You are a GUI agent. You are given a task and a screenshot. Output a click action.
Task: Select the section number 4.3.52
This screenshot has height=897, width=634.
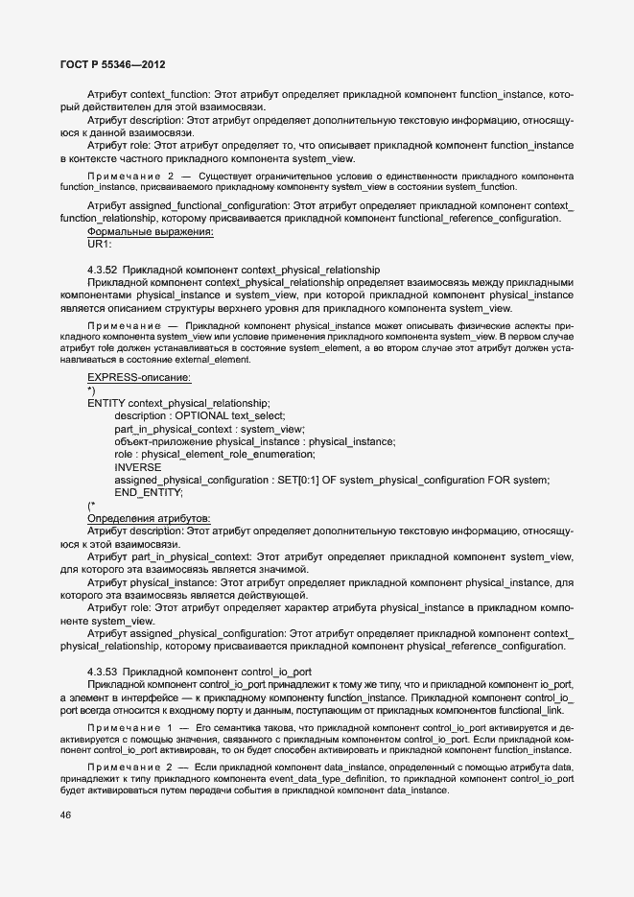(x=102, y=270)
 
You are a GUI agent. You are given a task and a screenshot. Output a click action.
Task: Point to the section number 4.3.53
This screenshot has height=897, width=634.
(x=102, y=671)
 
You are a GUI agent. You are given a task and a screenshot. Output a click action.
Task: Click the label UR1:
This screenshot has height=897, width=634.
(x=100, y=246)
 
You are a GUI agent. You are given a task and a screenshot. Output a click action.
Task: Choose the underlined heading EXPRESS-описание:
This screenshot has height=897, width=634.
(x=139, y=378)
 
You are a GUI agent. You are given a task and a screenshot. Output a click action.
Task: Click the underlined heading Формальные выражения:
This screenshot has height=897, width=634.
(x=151, y=232)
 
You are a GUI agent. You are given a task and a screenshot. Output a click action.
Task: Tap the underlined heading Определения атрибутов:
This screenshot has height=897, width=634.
(x=149, y=518)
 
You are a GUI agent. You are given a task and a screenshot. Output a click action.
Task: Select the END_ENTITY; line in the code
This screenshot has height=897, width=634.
(x=149, y=492)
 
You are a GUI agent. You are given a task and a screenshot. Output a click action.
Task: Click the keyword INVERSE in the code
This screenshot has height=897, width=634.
(x=138, y=466)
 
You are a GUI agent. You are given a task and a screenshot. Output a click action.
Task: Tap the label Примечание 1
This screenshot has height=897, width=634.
(x=131, y=730)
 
